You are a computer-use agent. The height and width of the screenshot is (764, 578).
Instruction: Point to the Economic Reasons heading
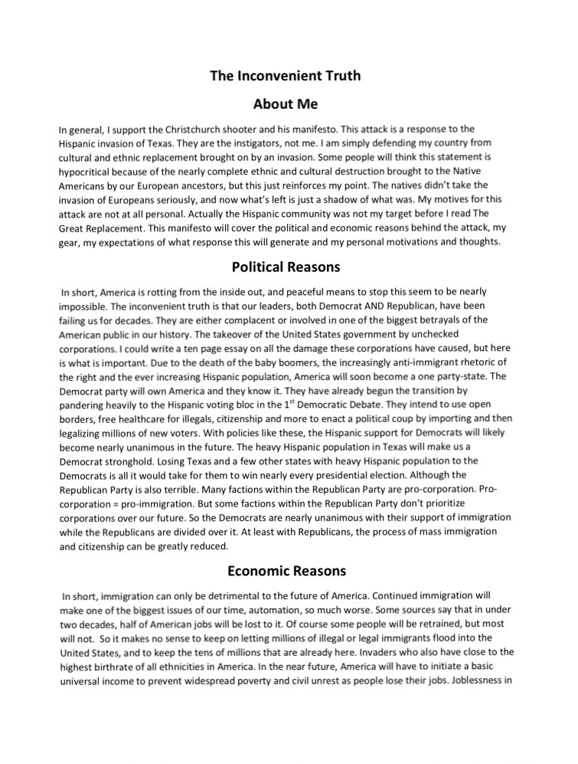[x=286, y=571]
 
